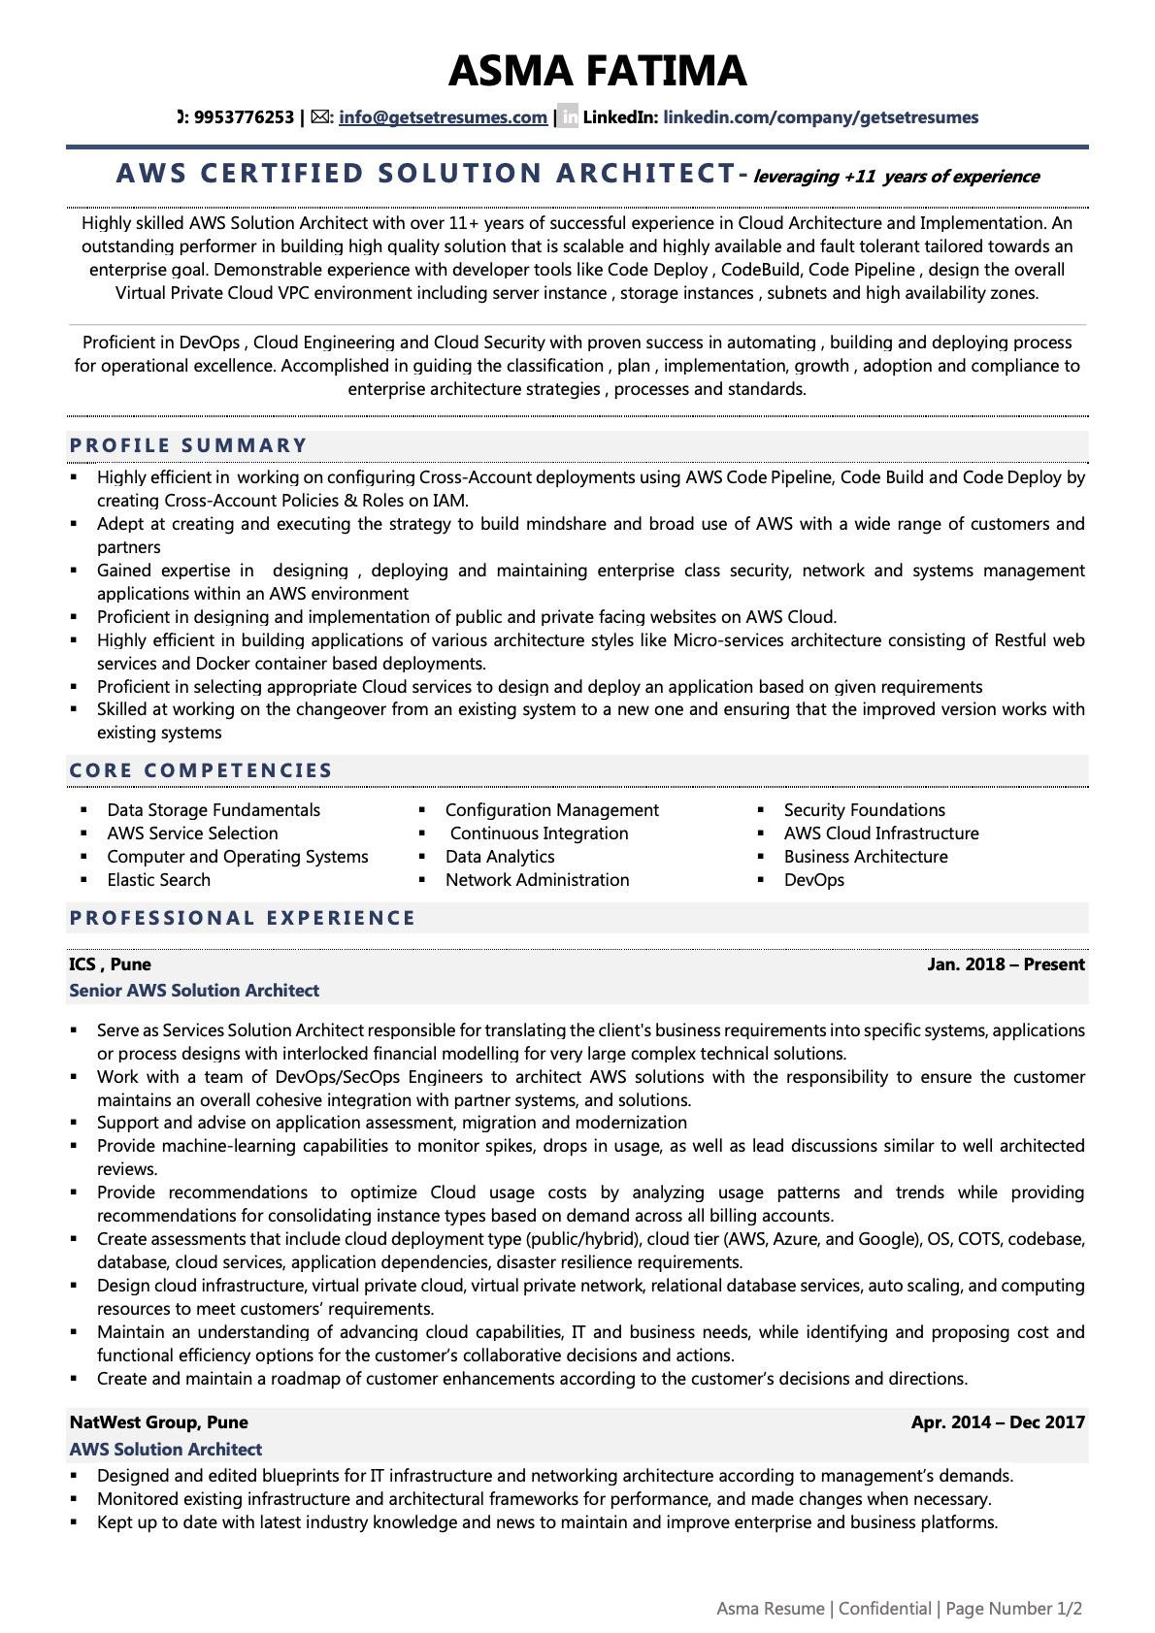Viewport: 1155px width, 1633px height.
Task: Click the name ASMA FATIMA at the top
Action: [x=597, y=71]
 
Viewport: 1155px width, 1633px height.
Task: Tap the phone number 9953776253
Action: [x=244, y=117]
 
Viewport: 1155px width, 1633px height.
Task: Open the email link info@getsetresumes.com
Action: [x=443, y=117]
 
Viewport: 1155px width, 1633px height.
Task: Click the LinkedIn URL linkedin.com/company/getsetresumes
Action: [x=820, y=117]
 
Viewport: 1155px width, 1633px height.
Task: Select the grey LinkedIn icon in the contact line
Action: [x=569, y=117]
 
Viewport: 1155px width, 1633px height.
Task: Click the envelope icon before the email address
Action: [x=320, y=117]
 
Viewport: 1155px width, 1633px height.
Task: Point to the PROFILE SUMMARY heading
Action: [x=188, y=445]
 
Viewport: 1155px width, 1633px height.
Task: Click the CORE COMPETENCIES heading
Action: [x=201, y=770]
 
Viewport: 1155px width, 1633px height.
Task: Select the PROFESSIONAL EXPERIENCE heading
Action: [x=243, y=918]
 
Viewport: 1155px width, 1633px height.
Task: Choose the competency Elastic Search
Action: [x=158, y=880]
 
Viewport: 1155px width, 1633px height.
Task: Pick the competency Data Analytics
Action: [x=500, y=857]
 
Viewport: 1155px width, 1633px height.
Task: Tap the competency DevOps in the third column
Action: [x=813, y=880]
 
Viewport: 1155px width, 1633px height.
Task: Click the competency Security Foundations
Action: [x=864, y=810]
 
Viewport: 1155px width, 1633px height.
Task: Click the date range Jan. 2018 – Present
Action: [x=1006, y=964]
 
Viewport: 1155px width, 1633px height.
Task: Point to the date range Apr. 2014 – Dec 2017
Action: [x=998, y=1422]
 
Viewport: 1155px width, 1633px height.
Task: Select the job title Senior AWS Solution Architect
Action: [x=194, y=991]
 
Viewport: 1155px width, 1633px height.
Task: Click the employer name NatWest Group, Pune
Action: [x=158, y=1422]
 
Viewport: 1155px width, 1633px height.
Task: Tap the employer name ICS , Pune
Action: [x=110, y=964]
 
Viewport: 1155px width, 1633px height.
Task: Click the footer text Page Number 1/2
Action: [x=1013, y=1609]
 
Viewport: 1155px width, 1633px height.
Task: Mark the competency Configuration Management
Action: [x=551, y=810]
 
